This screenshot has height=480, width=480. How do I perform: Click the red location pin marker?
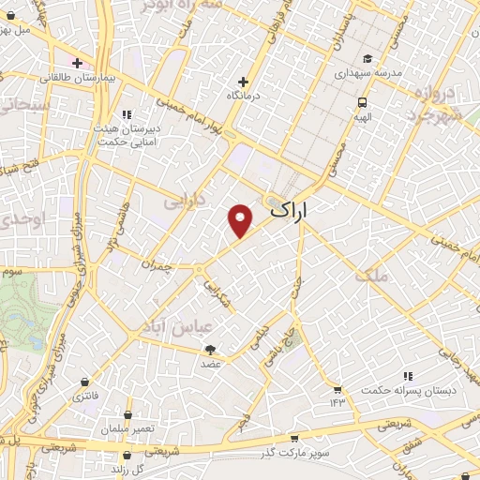(241, 220)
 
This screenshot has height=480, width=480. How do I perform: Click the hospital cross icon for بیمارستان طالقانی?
(77, 62)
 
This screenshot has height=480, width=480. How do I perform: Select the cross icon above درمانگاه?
(244, 82)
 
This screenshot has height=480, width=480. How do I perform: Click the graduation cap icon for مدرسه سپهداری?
(367, 58)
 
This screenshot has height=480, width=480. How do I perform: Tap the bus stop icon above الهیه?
(362, 102)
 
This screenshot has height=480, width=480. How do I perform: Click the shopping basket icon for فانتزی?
(87, 382)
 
